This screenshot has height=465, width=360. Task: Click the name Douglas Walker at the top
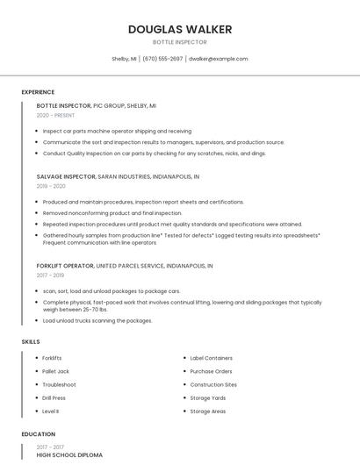[180, 29]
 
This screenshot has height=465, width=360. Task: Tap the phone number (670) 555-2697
[162, 59]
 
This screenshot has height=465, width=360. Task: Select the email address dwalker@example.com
[218, 59]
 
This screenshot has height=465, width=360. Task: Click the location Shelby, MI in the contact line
[124, 59]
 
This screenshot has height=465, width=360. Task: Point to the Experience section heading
[38, 92]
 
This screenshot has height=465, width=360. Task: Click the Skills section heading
[30, 341]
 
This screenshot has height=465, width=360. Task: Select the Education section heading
[38, 434]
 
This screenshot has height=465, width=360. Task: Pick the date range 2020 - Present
[55, 115]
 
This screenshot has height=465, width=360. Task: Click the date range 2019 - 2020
[51, 186]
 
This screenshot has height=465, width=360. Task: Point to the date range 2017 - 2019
[51, 275]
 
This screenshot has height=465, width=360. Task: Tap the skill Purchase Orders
[212, 371]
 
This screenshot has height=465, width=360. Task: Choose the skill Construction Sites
[213, 384]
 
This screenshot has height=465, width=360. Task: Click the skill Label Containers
[211, 358]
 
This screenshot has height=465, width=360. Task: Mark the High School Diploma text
[69, 455]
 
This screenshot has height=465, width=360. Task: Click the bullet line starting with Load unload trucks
[97, 320]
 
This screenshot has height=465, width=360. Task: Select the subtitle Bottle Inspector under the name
[180, 41]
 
